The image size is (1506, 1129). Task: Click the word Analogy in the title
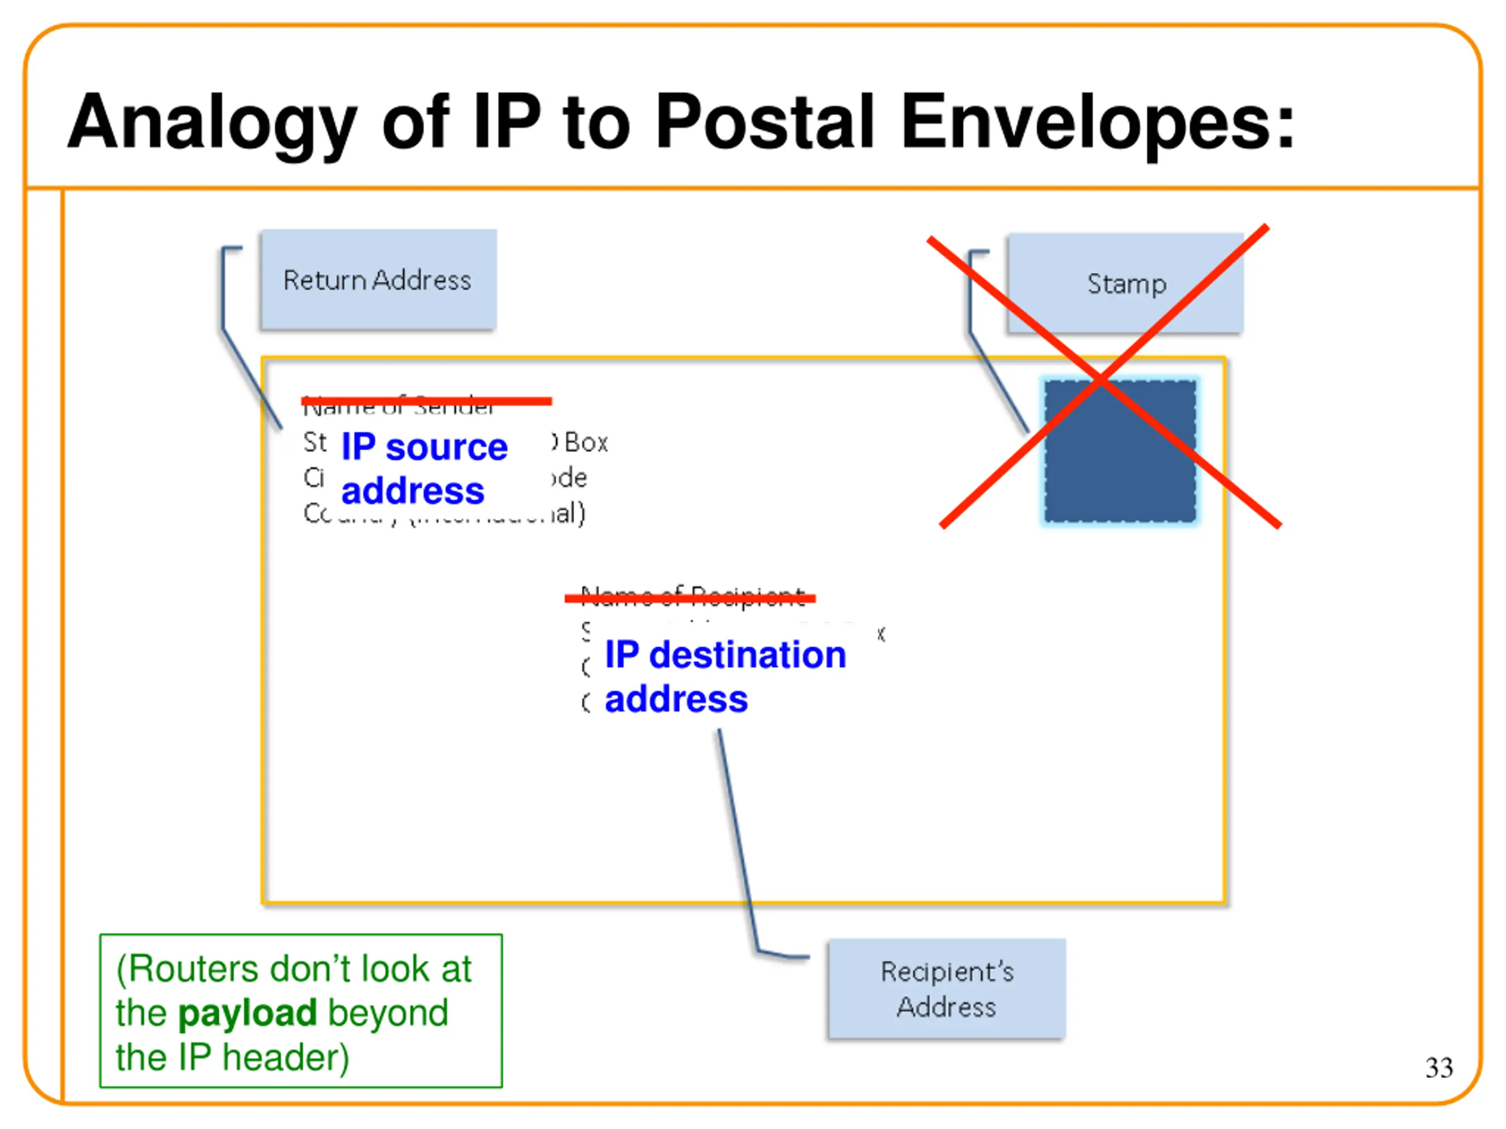pyautogui.click(x=212, y=122)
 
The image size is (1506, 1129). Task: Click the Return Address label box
pyautogui.click(x=378, y=280)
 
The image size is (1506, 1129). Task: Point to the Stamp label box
pyautogui.click(x=1125, y=283)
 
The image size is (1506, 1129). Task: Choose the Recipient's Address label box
pyautogui.click(x=947, y=989)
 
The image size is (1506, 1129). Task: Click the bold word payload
pyautogui.click(x=247, y=1013)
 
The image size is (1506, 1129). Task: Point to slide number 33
pyautogui.click(x=1438, y=1068)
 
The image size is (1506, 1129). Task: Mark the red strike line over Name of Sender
pyautogui.click(x=426, y=401)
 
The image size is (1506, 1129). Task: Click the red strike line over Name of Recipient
pyautogui.click(x=689, y=598)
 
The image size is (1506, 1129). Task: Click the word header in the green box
pyautogui.click(x=285, y=1057)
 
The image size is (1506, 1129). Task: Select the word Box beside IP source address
pyautogui.click(x=585, y=443)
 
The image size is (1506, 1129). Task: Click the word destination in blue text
pyautogui.click(x=747, y=654)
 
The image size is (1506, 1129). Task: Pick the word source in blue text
pyautogui.click(x=447, y=447)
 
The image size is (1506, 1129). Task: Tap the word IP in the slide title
pyautogui.click(x=507, y=122)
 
